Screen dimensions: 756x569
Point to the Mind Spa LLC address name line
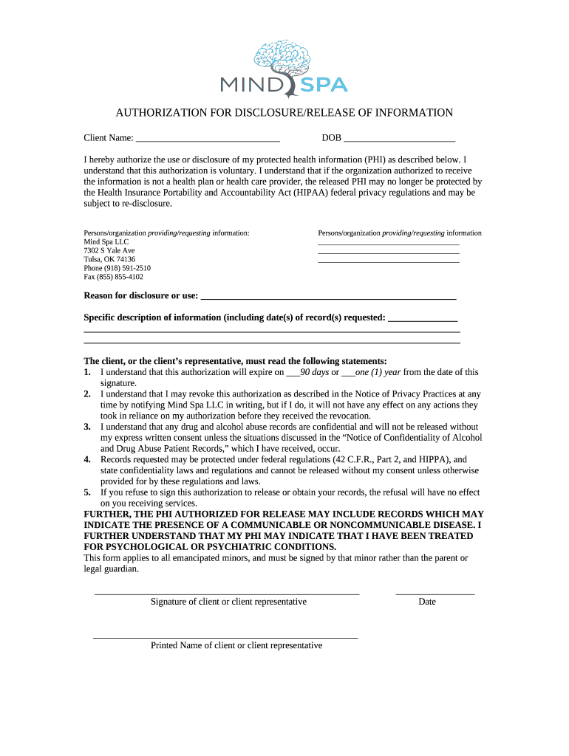click(106, 242)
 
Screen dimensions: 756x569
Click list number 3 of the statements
click(87, 427)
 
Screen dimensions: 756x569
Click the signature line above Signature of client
click(227, 593)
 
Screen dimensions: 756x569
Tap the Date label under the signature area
click(427, 602)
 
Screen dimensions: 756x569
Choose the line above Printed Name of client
click(225, 637)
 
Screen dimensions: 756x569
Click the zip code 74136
click(123, 260)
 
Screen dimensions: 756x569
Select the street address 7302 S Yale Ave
click(109, 251)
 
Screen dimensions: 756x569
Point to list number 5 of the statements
click(87, 492)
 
